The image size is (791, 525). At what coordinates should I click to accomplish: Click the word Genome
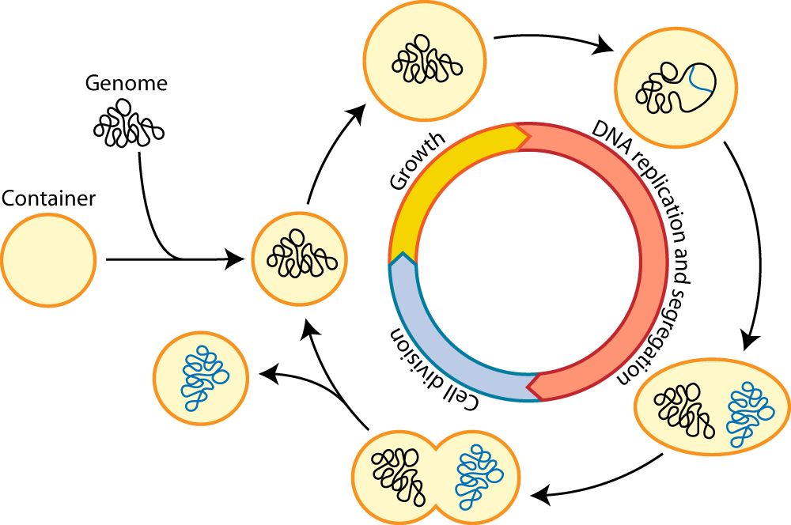click(x=126, y=83)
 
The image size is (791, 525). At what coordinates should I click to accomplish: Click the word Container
click(x=48, y=198)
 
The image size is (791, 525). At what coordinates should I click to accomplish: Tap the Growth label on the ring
click(x=418, y=161)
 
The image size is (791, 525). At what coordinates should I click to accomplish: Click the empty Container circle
click(x=48, y=260)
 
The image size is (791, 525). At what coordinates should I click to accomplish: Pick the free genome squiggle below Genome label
click(x=129, y=124)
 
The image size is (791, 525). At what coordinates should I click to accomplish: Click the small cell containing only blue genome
click(x=201, y=379)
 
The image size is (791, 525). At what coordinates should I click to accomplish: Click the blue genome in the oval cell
click(x=750, y=414)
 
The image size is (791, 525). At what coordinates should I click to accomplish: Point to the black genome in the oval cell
click(x=683, y=410)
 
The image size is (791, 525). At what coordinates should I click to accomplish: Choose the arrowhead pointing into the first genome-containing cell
click(x=235, y=259)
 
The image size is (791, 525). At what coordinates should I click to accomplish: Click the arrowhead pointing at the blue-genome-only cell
click(x=269, y=375)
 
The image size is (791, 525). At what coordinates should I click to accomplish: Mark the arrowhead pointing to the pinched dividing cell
click(x=540, y=495)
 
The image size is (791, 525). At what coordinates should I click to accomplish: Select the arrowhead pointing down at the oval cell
click(x=751, y=339)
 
